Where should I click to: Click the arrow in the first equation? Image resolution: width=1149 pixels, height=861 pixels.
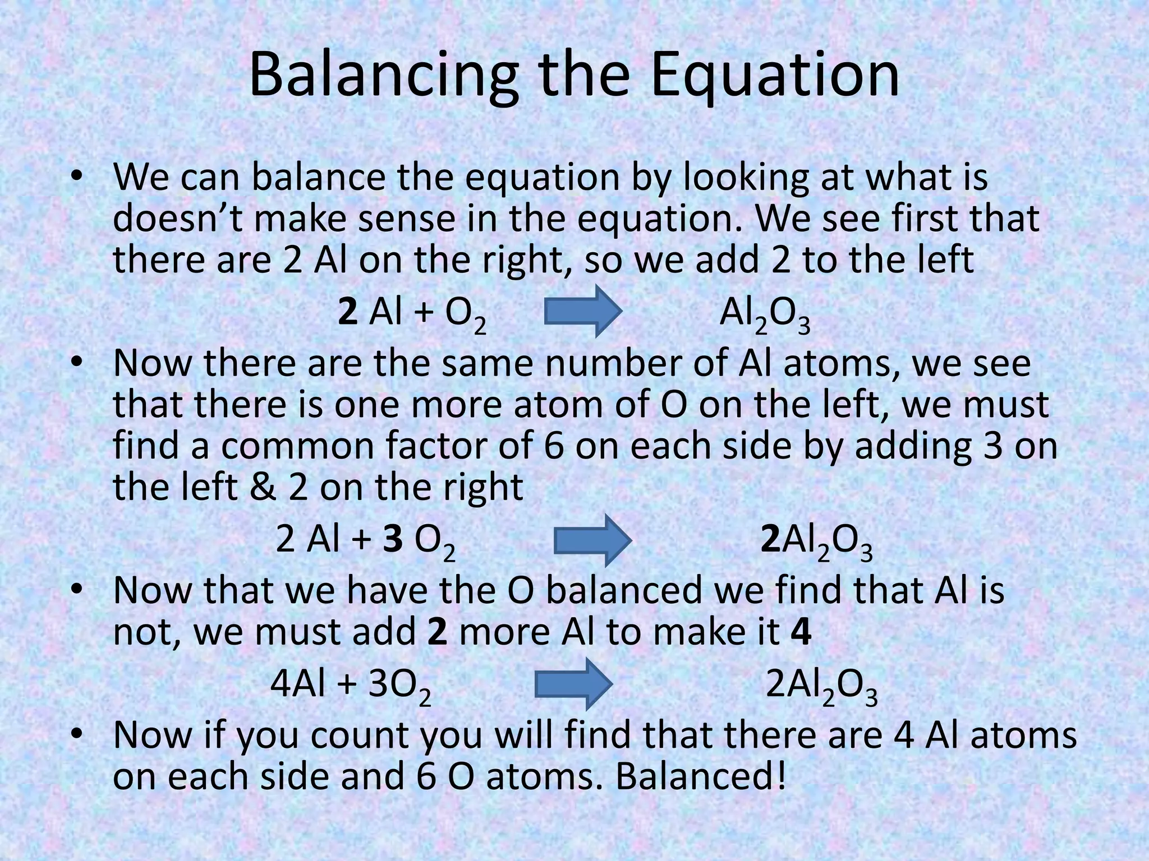583,311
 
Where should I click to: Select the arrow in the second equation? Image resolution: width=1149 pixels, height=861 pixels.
593,540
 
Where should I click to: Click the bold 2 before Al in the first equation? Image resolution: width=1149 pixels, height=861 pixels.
348,313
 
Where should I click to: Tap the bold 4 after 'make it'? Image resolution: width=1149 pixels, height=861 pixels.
801,632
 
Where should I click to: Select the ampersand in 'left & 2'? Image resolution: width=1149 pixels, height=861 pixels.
264,487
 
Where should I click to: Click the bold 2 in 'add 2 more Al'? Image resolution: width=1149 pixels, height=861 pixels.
437,632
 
